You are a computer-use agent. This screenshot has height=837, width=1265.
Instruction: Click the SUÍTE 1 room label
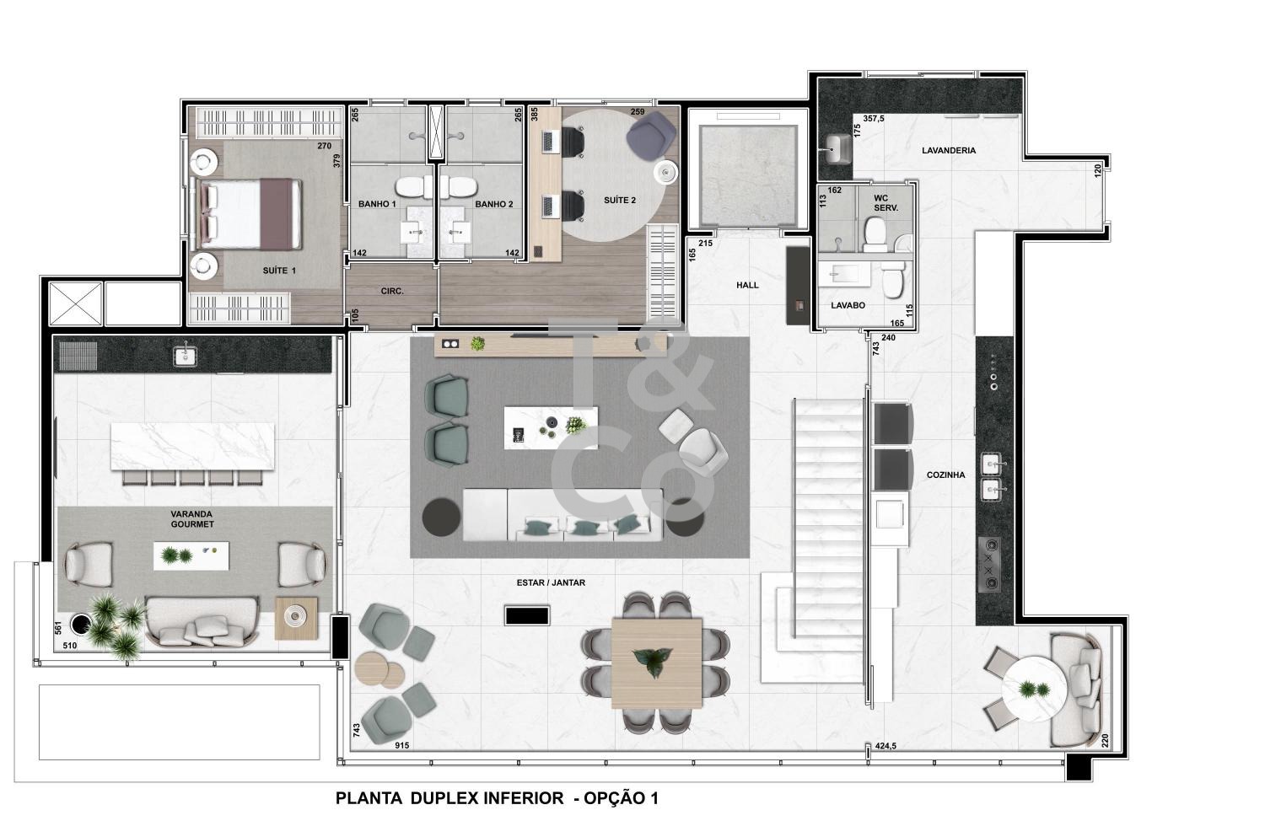pyautogui.click(x=279, y=271)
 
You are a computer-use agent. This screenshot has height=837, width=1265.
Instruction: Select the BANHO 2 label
pyautogui.click(x=494, y=204)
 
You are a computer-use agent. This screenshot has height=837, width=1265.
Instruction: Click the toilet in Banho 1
pyautogui.click(x=413, y=187)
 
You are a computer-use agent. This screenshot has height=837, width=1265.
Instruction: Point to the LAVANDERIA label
pyautogui.click(x=949, y=150)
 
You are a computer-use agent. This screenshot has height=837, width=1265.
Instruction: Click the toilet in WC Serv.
pyautogui.click(x=875, y=234)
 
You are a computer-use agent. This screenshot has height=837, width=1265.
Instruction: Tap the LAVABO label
pyautogui.click(x=848, y=305)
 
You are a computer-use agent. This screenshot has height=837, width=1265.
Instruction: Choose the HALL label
pyautogui.click(x=747, y=285)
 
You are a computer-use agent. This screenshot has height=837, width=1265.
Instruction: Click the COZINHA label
pyautogui.click(x=946, y=475)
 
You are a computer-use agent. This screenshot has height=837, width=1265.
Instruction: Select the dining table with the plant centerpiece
pyautogui.click(x=656, y=663)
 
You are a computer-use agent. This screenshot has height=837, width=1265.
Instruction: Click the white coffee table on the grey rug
pyautogui.click(x=551, y=428)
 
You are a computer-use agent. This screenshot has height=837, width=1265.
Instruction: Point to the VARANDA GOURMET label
pyautogui.click(x=192, y=519)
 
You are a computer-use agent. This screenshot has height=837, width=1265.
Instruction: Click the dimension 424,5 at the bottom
pyautogui.click(x=885, y=746)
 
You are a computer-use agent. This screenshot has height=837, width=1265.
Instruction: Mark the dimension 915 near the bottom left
pyautogui.click(x=402, y=746)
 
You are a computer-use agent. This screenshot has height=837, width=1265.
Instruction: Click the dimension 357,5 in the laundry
pyautogui.click(x=874, y=119)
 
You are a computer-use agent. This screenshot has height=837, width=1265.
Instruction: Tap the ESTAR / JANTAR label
pyautogui.click(x=551, y=582)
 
